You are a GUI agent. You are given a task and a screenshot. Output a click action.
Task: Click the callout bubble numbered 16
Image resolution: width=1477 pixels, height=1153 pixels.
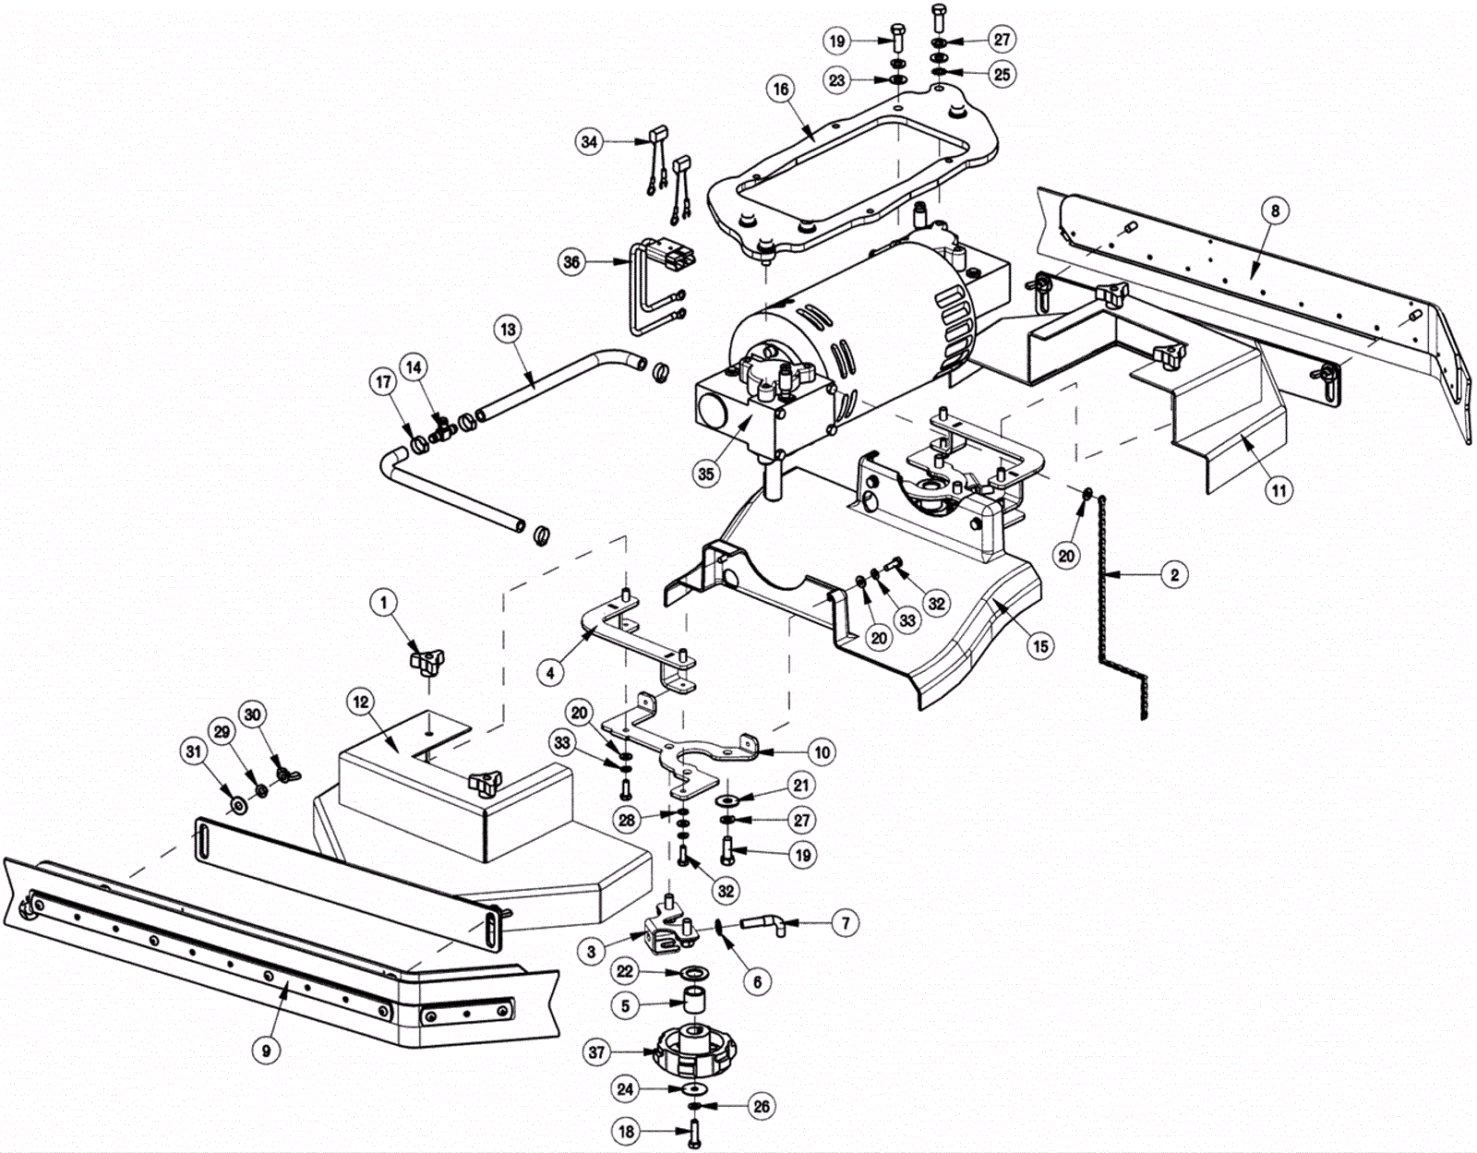coord(780,89)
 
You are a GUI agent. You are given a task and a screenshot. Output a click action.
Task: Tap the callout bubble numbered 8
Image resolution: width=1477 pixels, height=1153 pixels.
coord(1275,211)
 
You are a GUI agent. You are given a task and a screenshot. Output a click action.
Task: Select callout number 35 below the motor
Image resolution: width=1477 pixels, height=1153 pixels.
coord(706,474)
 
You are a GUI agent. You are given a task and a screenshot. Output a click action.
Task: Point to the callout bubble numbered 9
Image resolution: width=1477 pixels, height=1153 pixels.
coord(266,1051)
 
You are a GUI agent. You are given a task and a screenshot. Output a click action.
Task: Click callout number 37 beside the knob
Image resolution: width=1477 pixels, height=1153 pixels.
coord(596,1052)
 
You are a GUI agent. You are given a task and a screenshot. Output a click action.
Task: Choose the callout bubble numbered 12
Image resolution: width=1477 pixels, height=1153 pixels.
coord(360,702)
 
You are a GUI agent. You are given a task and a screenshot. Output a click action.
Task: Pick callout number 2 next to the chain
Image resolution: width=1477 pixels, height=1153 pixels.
coord(1175,575)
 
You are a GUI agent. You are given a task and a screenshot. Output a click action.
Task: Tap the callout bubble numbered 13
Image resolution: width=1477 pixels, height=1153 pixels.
coord(508,330)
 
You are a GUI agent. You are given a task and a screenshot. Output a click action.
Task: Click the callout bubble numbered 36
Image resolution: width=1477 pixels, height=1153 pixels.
coord(571,261)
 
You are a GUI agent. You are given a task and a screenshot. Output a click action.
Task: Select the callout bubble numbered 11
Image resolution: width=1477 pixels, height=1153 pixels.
coord(1279,490)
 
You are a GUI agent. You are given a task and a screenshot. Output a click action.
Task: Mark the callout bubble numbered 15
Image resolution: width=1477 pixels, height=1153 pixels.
coord(1040,645)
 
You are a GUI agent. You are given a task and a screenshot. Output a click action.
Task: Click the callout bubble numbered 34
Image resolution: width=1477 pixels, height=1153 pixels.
coord(589,142)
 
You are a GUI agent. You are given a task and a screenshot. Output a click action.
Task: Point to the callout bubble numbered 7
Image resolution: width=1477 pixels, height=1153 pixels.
coord(845,923)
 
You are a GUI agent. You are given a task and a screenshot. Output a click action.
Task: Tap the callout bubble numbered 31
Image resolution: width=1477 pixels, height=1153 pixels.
coord(194,751)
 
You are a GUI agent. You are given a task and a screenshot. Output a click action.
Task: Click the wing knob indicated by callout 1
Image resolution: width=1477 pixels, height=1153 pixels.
coord(427,662)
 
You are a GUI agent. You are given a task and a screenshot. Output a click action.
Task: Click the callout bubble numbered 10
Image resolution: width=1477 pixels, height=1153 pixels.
coord(823,752)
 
